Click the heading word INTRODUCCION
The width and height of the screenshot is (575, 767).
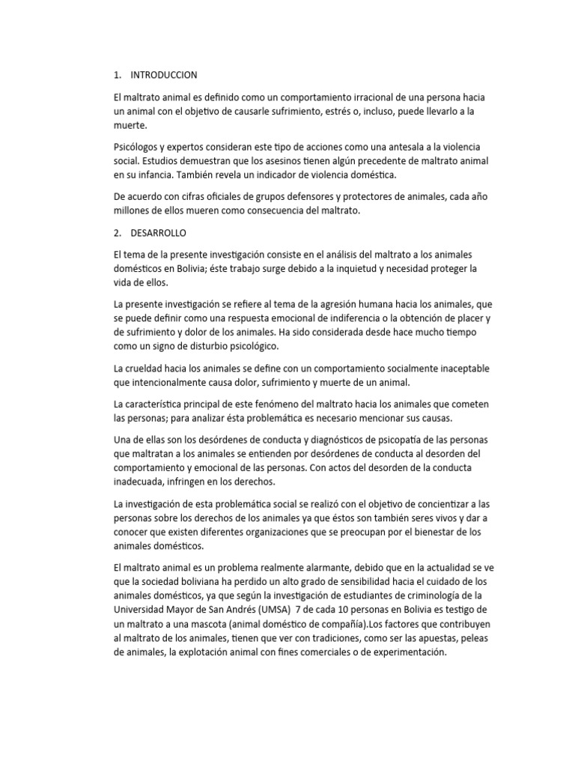pos(163,75)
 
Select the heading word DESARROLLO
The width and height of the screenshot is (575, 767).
pos(159,232)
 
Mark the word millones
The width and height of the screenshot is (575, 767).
pos(132,211)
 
